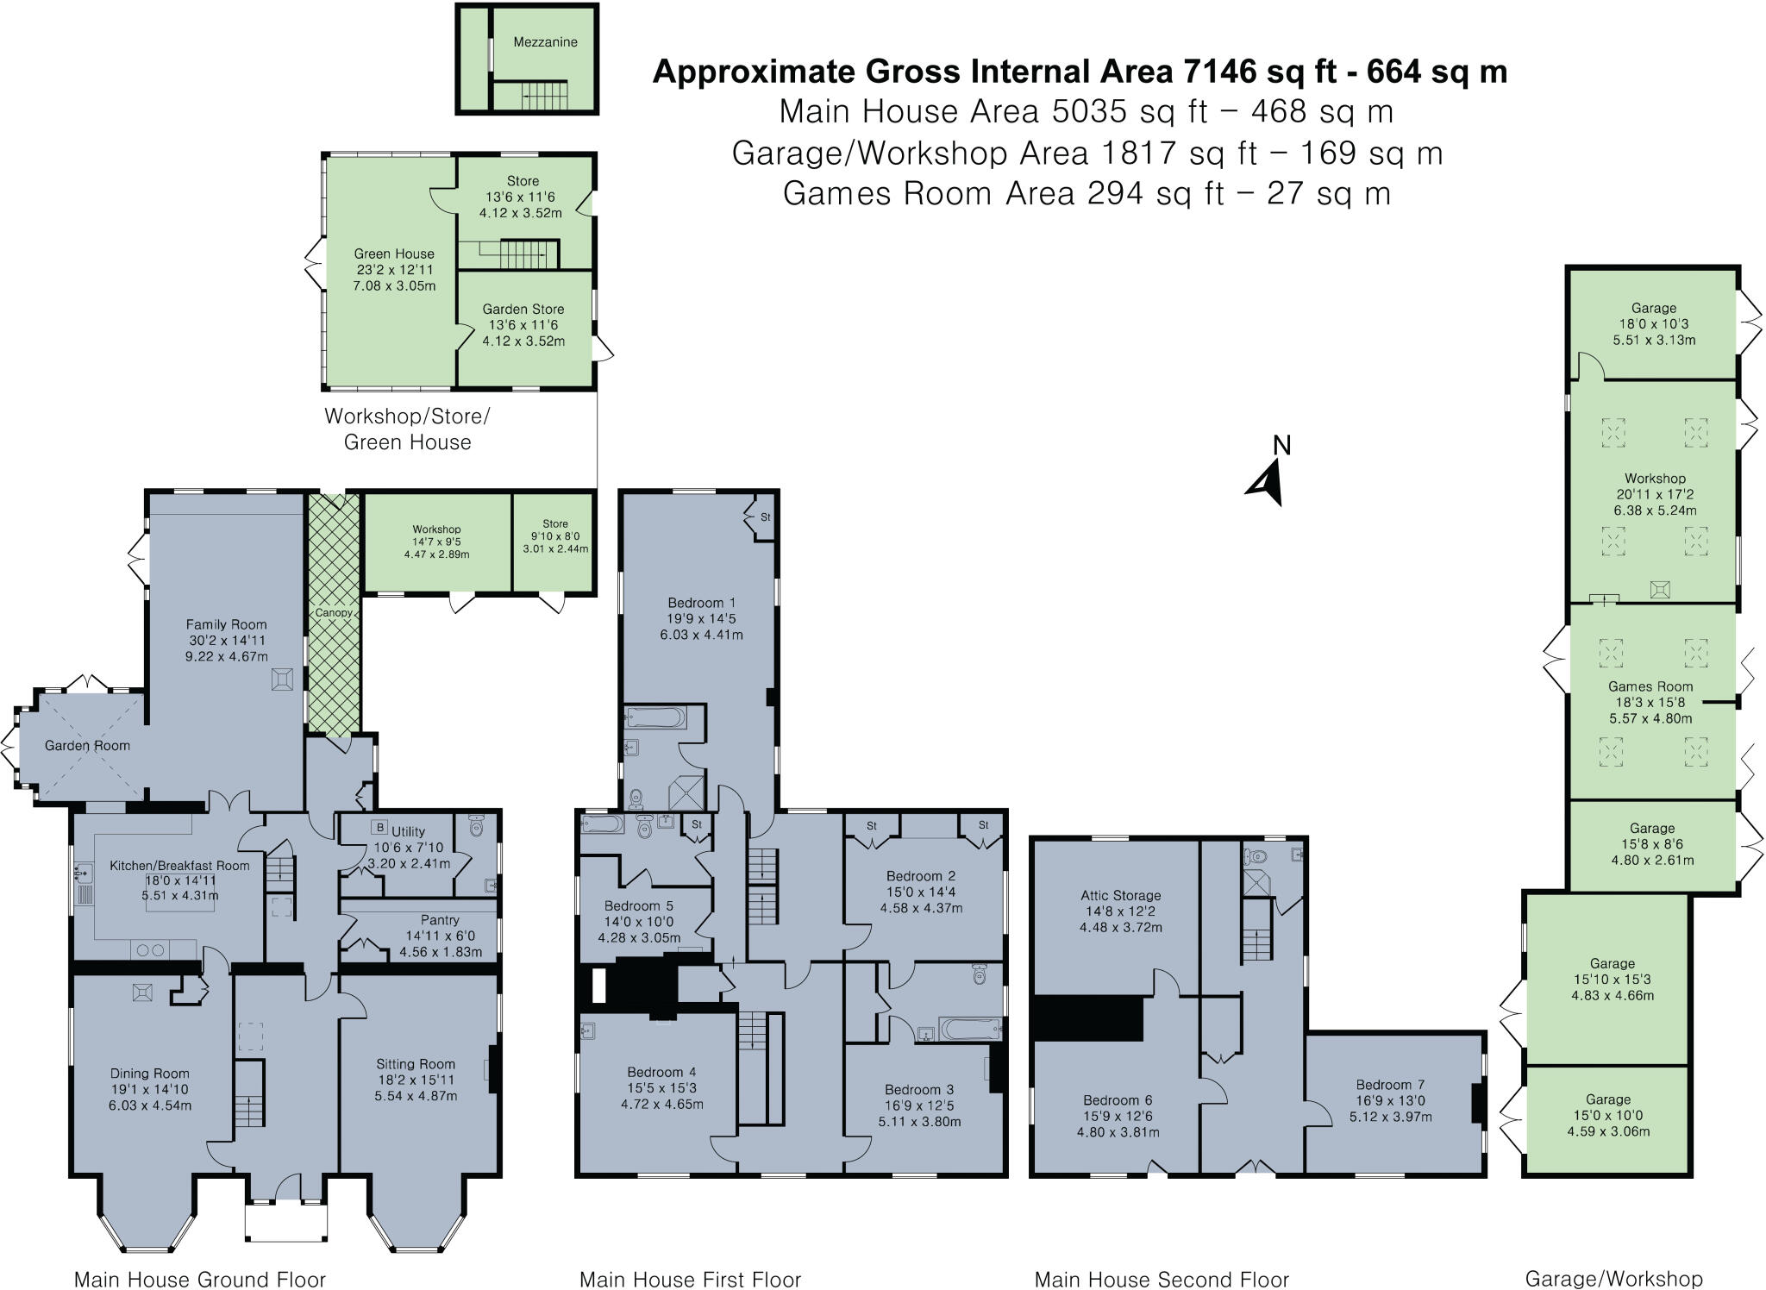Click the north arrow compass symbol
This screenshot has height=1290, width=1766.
[1268, 483]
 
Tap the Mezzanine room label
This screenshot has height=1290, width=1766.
[545, 42]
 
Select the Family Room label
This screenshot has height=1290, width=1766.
[227, 624]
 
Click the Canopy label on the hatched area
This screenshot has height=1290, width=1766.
[334, 613]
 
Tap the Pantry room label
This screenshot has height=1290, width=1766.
[440, 920]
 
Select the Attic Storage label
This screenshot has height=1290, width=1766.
[1120, 895]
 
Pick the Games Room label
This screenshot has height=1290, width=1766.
[1650, 686]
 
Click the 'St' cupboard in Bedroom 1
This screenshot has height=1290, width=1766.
[765, 517]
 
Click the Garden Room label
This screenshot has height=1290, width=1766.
[87, 746]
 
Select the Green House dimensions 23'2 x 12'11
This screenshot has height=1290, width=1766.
[393, 270]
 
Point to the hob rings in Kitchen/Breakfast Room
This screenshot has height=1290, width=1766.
[151, 950]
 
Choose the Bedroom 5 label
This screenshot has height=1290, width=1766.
[638, 905]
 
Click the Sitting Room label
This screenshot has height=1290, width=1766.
[415, 1064]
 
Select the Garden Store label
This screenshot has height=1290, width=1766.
[523, 309]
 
